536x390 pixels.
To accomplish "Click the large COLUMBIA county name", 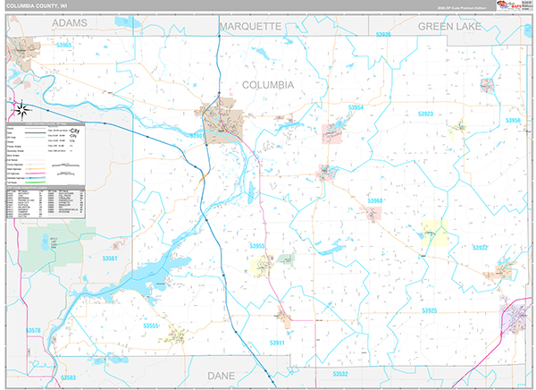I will pyautogui.click(x=268, y=84).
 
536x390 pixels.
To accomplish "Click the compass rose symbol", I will pyautogui.click(x=22, y=111).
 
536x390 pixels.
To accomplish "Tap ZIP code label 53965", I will pyautogui.click(x=63, y=44).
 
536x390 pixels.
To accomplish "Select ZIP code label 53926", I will pyautogui.click(x=383, y=34).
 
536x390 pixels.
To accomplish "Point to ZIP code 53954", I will pyautogui.click(x=356, y=107).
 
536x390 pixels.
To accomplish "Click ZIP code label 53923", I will pyautogui.click(x=425, y=114).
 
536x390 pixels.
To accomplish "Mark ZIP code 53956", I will pyautogui.click(x=514, y=120).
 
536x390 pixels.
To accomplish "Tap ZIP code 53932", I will pyautogui.click(x=481, y=248).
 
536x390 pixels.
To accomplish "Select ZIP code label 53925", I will pyautogui.click(x=430, y=309).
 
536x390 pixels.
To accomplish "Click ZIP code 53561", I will pyautogui.click(x=110, y=259).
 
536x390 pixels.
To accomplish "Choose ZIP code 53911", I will pyautogui.click(x=276, y=343).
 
